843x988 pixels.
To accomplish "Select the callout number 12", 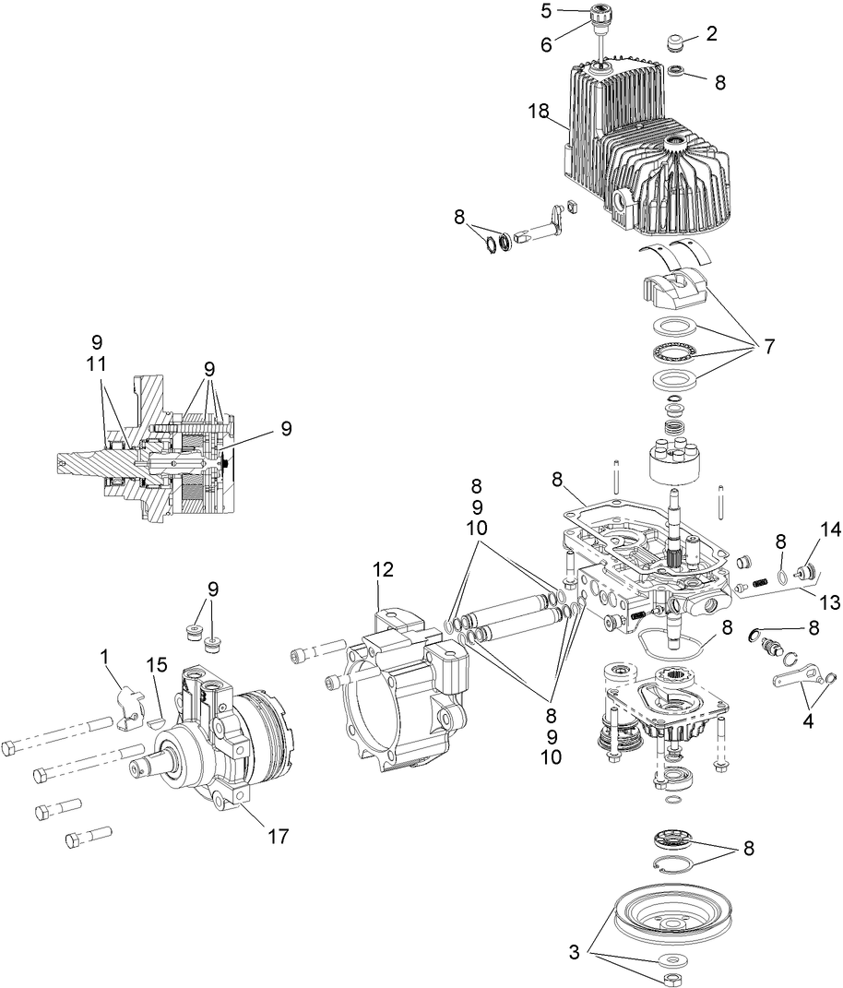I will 383,570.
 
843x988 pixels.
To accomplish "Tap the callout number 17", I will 278,837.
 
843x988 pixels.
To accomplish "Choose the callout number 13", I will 830,602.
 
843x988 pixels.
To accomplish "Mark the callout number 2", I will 712,34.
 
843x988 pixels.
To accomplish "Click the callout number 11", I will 98,363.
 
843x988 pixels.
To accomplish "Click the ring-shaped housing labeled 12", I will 397,683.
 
